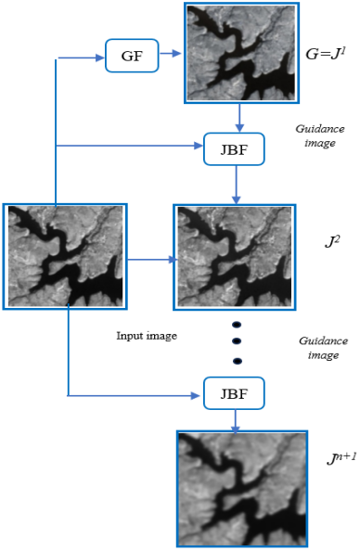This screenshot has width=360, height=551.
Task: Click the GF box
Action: point(132,56)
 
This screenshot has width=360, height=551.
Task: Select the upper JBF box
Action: point(234,149)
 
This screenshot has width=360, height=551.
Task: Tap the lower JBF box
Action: point(234,393)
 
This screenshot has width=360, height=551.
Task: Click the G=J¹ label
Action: point(326,54)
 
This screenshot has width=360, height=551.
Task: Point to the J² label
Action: point(332,242)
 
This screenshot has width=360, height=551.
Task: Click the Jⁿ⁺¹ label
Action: point(341,458)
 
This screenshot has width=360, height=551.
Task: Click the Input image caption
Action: point(147,336)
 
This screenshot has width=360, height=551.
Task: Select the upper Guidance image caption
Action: point(320,135)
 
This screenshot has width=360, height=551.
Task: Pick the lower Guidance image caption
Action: point(324,348)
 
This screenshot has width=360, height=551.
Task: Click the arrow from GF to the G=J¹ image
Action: point(171,54)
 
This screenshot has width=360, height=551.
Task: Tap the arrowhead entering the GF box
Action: point(100,58)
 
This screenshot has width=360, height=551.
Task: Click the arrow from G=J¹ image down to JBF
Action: point(239,118)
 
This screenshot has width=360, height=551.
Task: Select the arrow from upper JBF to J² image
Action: point(237,185)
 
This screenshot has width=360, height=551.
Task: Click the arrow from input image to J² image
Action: point(152,260)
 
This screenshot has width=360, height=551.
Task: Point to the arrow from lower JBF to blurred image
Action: point(235,421)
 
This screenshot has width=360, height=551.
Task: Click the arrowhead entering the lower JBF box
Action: point(196,396)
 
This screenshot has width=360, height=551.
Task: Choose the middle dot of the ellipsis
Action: point(237,340)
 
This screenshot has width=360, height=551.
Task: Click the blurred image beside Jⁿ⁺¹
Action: point(242,489)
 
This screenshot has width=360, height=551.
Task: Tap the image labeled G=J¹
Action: point(241,53)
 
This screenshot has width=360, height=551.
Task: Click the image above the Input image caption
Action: point(65,257)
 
